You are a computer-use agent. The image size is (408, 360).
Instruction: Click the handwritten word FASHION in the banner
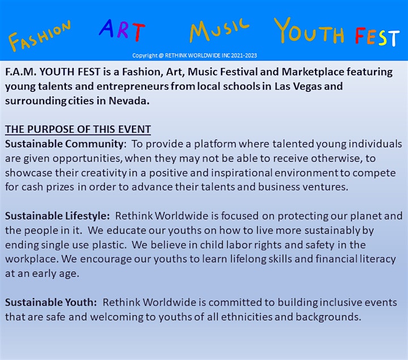click(x=40, y=36)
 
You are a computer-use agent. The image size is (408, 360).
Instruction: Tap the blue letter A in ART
click(x=107, y=28)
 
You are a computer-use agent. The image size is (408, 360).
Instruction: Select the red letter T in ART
click(x=138, y=32)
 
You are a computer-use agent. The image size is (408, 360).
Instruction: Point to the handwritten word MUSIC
click(x=219, y=30)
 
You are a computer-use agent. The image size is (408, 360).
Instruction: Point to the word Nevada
click(x=129, y=101)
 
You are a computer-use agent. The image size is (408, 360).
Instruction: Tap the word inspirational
click(x=242, y=173)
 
